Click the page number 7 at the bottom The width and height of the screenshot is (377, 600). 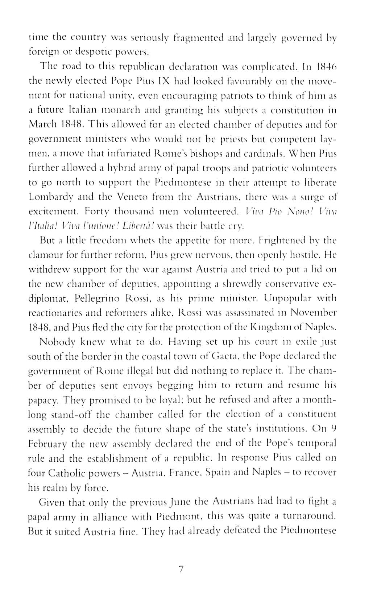pyautogui.click(x=182, y=569)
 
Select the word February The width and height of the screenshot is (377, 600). pyautogui.click(x=46, y=443)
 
